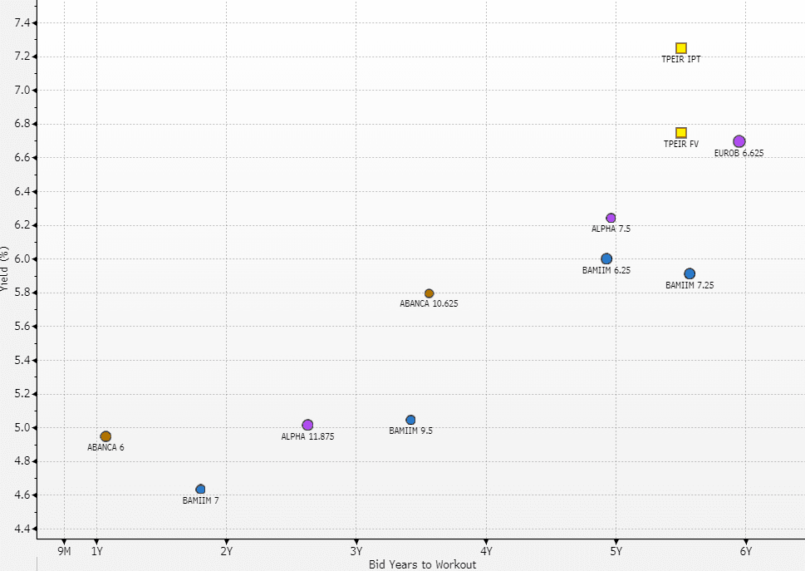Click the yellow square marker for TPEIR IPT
click(681, 48)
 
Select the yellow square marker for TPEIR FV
click(681, 133)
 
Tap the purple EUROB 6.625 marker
click(739, 141)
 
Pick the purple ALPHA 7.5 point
click(611, 218)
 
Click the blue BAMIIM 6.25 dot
click(606, 258)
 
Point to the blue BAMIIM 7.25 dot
click(690, 273)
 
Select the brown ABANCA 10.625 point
click(429, 293)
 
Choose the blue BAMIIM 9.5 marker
click(410, 420)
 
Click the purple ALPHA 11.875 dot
click(307, 425)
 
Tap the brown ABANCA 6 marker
click(106, 436)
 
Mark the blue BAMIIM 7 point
click(200, 489)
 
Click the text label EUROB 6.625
click(739, 154)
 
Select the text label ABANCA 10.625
click(429, 304)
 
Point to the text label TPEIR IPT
click(680, 60)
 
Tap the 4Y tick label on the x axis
click(486, 550)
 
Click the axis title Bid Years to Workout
click(422, 565)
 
